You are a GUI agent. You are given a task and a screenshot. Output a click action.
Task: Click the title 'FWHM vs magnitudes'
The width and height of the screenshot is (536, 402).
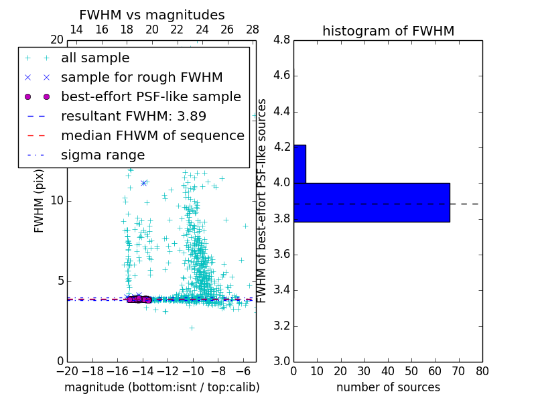click(x=151, y=15)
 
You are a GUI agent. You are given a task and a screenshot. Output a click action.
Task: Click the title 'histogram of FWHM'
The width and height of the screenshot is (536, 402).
click(x=388, y=31)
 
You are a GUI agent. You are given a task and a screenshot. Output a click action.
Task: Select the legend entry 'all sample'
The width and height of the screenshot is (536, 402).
click(x=95, y=58)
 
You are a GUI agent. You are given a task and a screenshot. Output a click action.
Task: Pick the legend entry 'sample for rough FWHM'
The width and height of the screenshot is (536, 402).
click(x=141, y=77)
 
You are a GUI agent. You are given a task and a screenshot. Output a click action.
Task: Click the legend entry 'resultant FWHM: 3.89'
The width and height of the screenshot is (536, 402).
click(x=133, y=116)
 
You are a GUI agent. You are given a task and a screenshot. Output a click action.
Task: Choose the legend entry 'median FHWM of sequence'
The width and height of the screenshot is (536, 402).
click(x=152, y=135)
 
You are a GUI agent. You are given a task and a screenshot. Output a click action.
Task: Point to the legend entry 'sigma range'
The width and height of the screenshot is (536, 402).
click(x=103, y=155)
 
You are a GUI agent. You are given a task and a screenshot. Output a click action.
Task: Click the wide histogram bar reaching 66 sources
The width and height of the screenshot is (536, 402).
click(x=371, y=202)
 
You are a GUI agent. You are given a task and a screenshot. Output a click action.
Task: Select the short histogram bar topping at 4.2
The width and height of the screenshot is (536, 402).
click(x=299, y=163)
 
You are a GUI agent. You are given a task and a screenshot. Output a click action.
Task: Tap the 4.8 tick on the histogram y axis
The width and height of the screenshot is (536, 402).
click(x=281, y=40)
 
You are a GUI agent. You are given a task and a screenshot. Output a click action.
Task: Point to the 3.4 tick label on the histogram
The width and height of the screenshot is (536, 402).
click(x=281, y=290)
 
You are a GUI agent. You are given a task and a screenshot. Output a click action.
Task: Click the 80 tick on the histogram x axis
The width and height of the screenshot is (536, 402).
click(x=482, y=371)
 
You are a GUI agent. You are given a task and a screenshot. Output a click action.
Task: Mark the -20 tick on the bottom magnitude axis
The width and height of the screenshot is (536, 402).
click(x=67, y=371)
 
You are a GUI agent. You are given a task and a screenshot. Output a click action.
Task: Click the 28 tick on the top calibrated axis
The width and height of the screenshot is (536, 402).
click(x=253, y=29)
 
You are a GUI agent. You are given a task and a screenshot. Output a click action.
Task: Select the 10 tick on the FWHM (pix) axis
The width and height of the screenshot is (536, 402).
click(x=57, y=200)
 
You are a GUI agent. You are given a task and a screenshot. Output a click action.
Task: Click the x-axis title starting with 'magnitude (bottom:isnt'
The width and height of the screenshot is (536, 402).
click(x=161, y=387)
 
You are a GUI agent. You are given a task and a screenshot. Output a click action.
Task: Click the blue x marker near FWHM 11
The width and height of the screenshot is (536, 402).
click(x=144, y=183)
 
